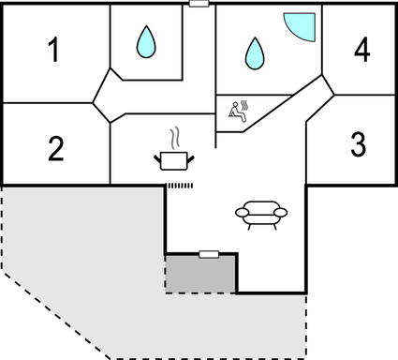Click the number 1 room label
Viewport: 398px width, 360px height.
pos(54,50)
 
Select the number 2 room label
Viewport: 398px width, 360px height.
pos(56,147)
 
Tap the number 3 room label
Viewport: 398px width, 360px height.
pos(357,144)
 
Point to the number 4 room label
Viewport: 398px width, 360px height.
pos(361,49)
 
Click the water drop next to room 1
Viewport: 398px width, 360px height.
pos(146,39)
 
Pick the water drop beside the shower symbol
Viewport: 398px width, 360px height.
pos(254,52)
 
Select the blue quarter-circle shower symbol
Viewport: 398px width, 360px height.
pos(301,26)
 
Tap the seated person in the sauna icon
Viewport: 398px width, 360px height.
pos(234,113)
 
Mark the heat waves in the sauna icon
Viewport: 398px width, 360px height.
pos(245,103)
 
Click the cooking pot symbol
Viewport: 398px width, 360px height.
pos(170,161)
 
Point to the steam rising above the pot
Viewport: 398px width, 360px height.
pos(170,140)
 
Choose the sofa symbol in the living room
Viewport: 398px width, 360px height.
pos(261,214)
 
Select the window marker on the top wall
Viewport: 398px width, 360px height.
pos(198,4)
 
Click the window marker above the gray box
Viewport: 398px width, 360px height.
pos(210,253)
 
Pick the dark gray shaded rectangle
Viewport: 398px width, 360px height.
pos(200,273)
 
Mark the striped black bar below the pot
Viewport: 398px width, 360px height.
pos(179,186)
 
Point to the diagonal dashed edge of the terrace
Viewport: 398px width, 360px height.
pos(56,314)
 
